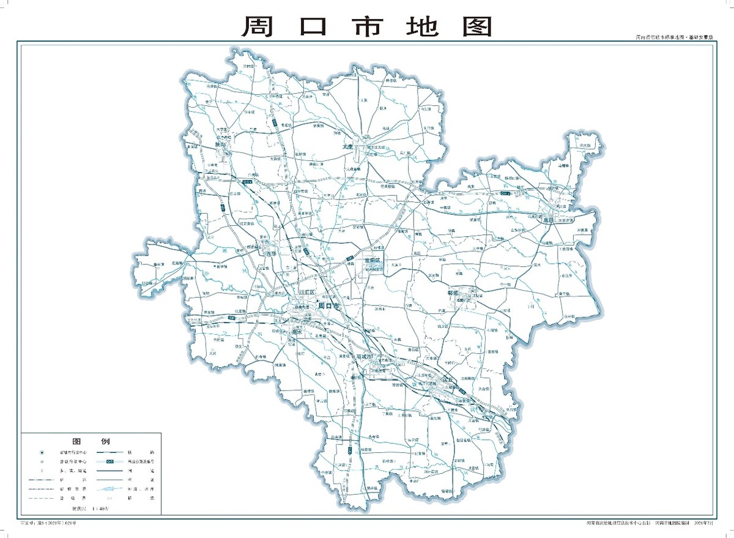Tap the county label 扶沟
[221, 144]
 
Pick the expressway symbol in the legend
[109, 460]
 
